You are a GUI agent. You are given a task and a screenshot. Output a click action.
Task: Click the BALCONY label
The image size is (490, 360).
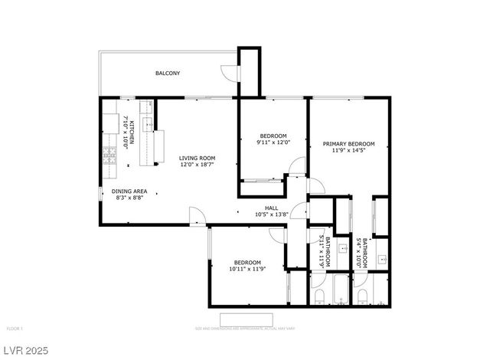click(x=168, y=74)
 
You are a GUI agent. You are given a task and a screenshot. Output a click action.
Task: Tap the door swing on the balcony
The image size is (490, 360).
click(x=228, y=72)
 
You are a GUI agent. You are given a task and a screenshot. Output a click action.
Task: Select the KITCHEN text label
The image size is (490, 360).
click(x=131, y=131)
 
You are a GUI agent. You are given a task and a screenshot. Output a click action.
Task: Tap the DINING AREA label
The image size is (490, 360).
click(x=129, y=191)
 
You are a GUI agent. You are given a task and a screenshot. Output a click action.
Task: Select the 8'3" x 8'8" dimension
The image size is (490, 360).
click(x=129, y=198)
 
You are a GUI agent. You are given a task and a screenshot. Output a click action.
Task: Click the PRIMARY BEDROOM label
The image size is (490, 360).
click(x=348, y=144)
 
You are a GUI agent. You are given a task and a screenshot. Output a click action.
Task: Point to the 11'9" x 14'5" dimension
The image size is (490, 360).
click(x=348, y=151)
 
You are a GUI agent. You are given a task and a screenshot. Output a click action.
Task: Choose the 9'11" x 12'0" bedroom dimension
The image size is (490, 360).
click(x=271, y=142)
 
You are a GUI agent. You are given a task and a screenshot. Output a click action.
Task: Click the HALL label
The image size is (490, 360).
click(x=271, y=208)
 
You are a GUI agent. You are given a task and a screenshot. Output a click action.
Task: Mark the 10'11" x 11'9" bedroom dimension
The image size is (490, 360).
click(x=247, y=269)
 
